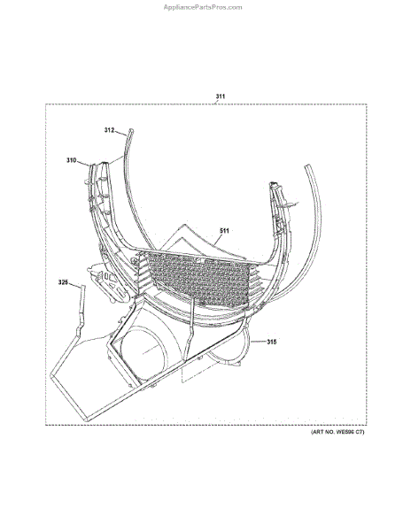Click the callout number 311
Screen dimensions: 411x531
tap(221, 96)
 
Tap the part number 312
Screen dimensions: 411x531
tap(109, 130)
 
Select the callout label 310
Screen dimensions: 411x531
tap(71, 160)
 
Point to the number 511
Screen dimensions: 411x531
tap(224, 231)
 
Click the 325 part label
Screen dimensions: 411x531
tap(63, 282)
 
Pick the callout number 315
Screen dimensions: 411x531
tap(272, 342)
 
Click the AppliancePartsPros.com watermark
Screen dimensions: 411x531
tap(203, 7)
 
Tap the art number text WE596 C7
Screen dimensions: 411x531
tap(350, 432)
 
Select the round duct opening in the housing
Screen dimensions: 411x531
tap(144, 352)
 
